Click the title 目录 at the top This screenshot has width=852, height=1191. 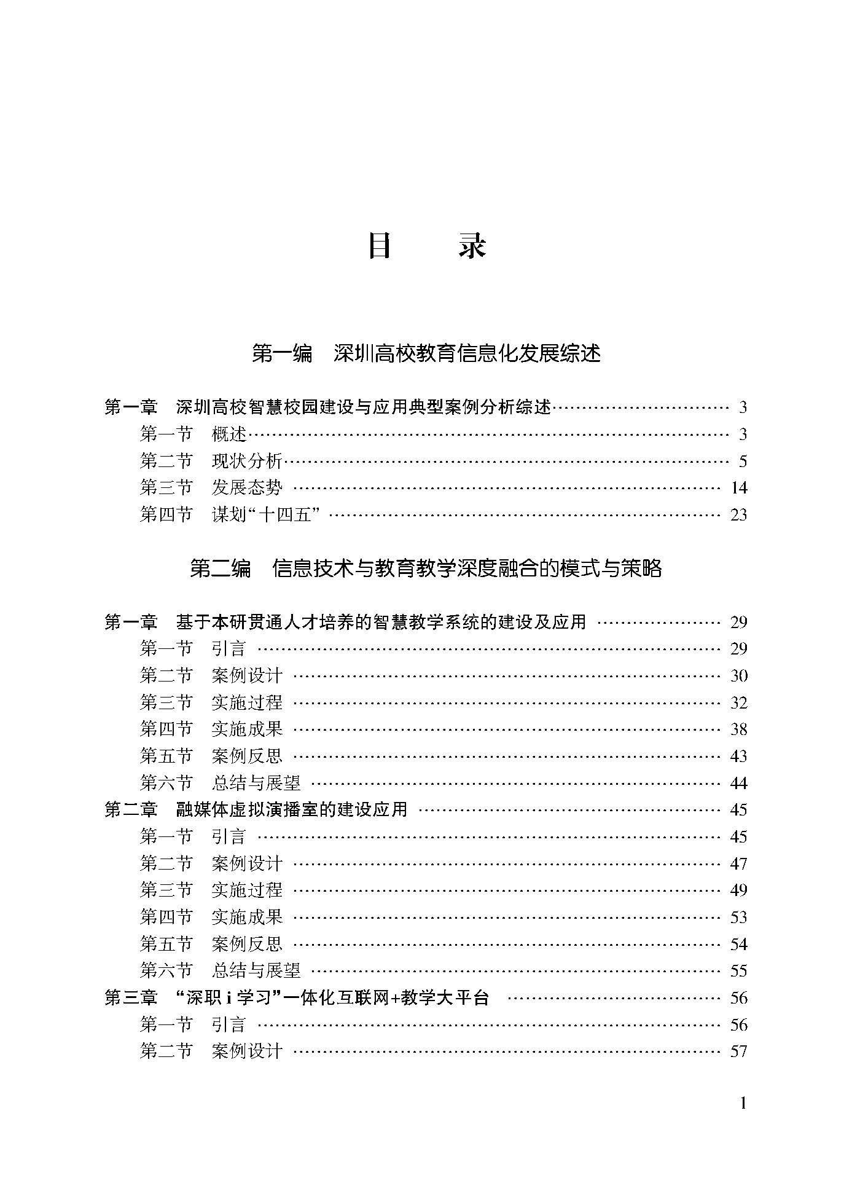426,246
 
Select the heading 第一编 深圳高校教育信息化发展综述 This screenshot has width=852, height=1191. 426,353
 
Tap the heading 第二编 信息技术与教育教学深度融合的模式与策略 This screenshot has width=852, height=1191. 426,568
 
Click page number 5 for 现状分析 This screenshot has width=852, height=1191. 743,462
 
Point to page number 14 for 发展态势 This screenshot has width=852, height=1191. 739,488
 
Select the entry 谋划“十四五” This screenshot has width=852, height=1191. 265,514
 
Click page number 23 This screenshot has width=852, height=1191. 738,514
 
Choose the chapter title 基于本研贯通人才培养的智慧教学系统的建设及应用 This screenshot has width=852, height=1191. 381,622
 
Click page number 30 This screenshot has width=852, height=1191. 738,676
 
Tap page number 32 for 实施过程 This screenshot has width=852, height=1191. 738,702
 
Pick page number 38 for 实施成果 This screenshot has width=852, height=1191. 738,729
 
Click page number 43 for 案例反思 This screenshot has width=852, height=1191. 738,757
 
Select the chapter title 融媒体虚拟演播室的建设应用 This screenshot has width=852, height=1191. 292,809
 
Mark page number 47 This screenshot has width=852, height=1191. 738,863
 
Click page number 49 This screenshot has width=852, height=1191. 738,890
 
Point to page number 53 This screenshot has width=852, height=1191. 738,917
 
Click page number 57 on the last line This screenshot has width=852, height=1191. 738,1051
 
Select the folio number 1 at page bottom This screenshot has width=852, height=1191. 743,1103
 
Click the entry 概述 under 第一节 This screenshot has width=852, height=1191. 229,434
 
